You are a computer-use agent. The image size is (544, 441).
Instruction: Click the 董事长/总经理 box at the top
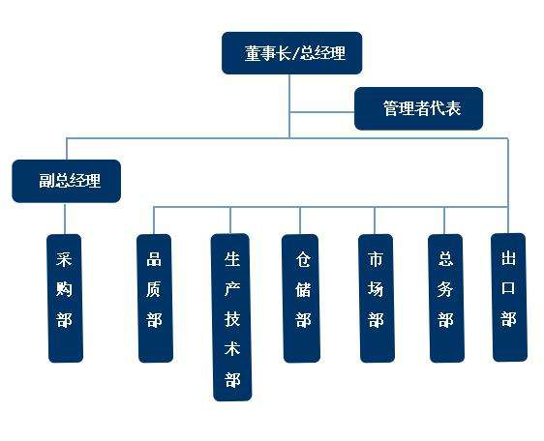pos(291,53)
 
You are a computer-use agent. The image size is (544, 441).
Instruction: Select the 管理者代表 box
pos(418,108)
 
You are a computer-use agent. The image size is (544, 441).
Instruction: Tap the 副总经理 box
pos(66,181)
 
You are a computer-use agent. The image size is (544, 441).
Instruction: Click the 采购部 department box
pos(65,298)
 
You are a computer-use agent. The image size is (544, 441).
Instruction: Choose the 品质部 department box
pos(155,298)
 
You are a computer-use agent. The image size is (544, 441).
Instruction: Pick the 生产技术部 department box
pos(231,317)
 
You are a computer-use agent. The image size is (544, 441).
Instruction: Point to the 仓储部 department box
pos(301,298)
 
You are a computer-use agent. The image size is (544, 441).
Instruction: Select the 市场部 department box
pos(377,298)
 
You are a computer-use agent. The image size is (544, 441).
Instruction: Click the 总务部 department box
pos(446,298)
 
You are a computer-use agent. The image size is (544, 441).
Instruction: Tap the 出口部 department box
pos(509,298)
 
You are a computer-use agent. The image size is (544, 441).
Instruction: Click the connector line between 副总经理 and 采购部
pos(65,219)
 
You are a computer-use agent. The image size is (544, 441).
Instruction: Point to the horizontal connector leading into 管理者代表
pos(322,112)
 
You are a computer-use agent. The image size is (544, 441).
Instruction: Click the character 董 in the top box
pos(253,53)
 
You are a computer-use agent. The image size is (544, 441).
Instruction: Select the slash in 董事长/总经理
pos(295,54)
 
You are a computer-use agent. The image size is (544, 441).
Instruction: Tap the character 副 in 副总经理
pos(46,181)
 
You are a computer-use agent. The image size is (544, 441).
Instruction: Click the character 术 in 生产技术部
pos(232,348)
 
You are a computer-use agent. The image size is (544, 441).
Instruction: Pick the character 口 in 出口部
pos(508,288)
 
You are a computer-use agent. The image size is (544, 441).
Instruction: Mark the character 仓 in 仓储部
pos(303,259)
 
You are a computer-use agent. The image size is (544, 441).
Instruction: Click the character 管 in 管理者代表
pos(391,108)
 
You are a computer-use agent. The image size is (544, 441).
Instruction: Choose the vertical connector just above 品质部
pos(154,220)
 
